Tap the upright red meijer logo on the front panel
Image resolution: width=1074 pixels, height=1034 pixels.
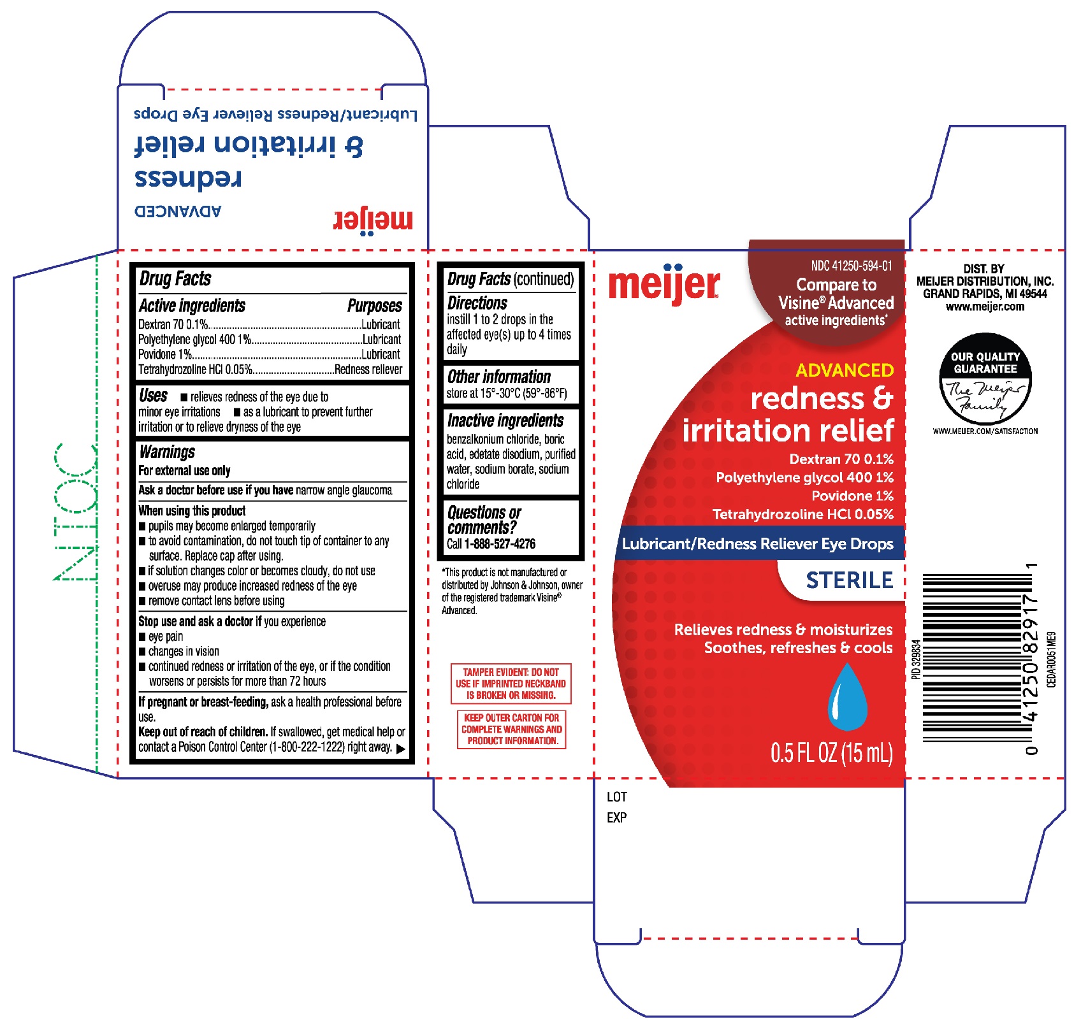click(664, 284)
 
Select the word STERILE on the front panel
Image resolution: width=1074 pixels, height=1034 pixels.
click(850, 580)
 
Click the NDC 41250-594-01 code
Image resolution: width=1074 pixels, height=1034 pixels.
click(852, 266)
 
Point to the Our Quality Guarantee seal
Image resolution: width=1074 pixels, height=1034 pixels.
click(985, 379)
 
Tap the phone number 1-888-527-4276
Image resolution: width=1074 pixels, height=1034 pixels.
click(500, 544)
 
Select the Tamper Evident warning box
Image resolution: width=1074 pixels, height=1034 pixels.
click(511, 684)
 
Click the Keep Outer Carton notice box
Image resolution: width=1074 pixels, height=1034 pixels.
click(512, 729)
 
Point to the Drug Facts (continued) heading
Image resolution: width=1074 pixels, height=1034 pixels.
click(511, 279)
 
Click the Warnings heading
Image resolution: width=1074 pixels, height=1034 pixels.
click(167, 452)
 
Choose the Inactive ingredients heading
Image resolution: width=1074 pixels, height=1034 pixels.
click(505, 420)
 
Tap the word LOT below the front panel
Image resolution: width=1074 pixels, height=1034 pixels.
click(617, 797)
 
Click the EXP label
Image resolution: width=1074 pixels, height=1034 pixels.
click(617, 817)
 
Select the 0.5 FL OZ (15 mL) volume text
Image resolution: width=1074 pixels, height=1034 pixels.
click(832, 753)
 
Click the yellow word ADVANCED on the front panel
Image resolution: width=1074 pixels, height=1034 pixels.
click(845, 370)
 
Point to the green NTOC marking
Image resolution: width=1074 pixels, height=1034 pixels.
click(76, 512)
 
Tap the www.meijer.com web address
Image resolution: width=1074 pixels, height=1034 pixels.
click(985, 306)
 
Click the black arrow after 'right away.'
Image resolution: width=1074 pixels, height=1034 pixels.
click(401, 749)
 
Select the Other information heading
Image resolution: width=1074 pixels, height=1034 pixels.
click(499, 377)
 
